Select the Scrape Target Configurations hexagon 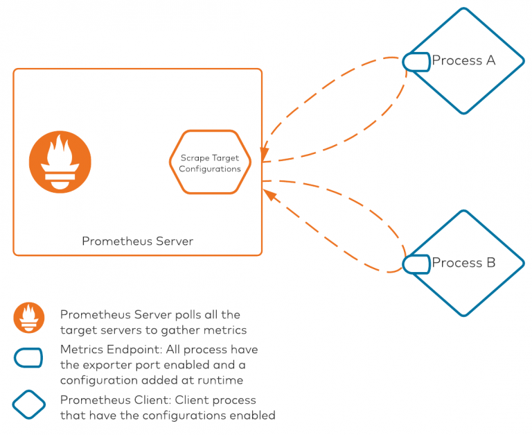coord(210,163)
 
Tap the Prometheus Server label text coord(137,241)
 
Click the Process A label coord(463,60)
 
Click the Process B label coord(463,263)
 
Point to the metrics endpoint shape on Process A coord(416,61)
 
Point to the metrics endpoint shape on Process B coord(416,264)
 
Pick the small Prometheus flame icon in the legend coord(28,318)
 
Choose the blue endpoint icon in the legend coord(28,357)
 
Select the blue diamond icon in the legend coord(28,405)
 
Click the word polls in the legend coord(176,314)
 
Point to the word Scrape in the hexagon coord(193,158)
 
